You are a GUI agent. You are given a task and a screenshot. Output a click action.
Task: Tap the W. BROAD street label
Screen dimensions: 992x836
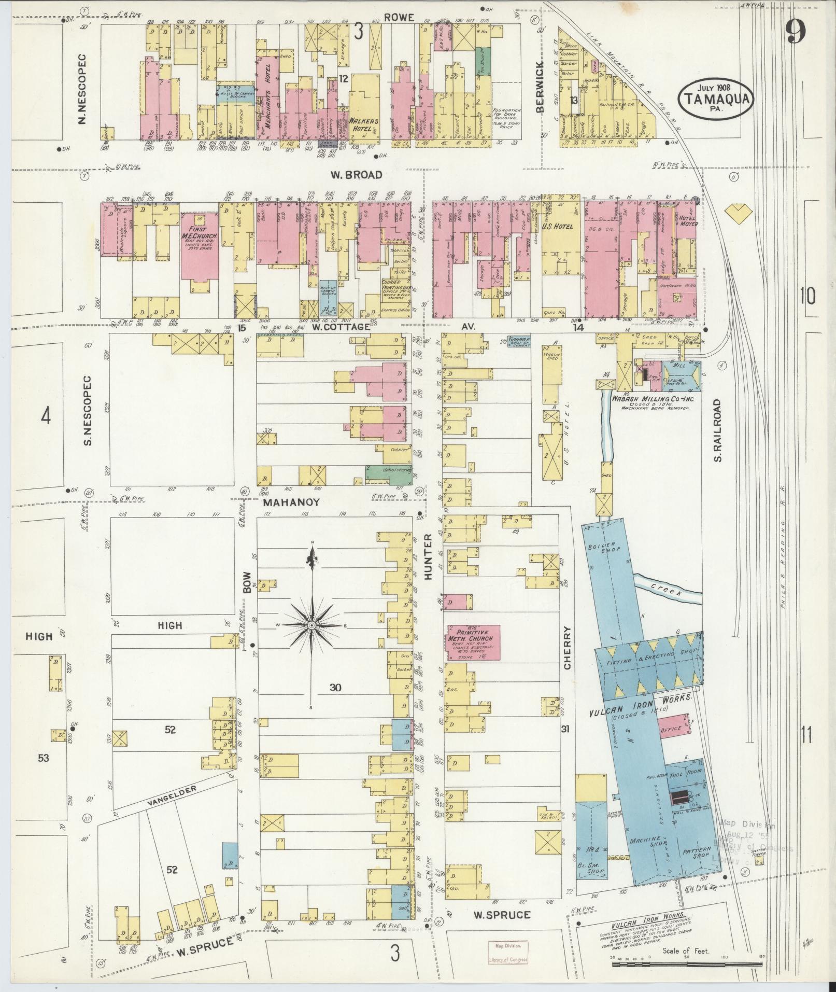click(x=356, y=175)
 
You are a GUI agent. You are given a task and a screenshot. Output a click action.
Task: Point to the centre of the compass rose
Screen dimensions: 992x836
click(x=312, y=626)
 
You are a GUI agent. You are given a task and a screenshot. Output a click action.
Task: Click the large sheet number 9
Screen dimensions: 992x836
click(x=794, y=32)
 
